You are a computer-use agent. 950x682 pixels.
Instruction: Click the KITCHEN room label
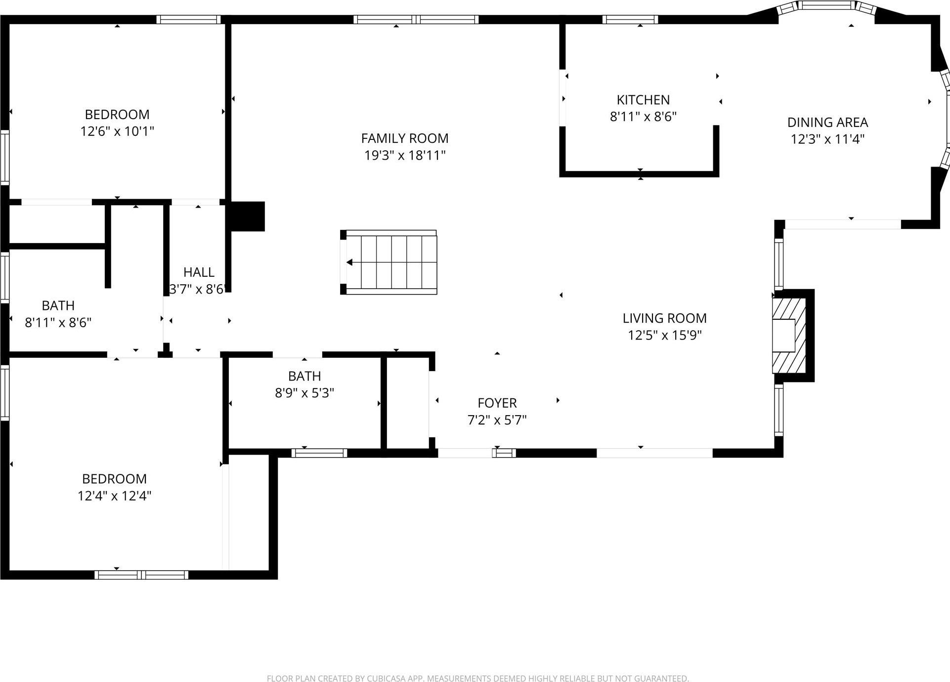click(x=643, y=100)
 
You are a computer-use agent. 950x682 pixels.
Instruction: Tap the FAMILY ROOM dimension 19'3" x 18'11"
click(x=405, y=155)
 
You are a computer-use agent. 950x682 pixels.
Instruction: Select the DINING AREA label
click(x=827, y=122)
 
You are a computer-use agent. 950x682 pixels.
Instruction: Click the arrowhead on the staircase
click(x=349, y=262)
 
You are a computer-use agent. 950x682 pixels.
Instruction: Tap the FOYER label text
click(x=497, y=403)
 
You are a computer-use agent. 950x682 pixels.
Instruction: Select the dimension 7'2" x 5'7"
click(x=497, y=420)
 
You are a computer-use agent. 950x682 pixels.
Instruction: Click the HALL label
click(x=199, y=272)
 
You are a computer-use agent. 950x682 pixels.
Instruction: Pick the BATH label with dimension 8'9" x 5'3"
click(x=304, y=376)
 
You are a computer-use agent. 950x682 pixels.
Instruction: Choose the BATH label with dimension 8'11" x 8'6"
click(x=58, y=305)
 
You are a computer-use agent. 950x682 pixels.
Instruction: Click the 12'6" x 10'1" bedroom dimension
click(x=117, y=131)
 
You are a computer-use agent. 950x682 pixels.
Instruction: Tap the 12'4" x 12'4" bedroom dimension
click(x=114, y=496)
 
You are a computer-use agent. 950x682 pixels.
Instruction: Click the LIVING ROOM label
click(x=664, y=318)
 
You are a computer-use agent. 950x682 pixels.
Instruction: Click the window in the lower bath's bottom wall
click(x=319, y=453)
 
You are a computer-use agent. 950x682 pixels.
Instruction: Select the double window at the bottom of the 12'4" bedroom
click(x=141, y=575)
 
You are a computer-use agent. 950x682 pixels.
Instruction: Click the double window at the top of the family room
click(x=416, y=20)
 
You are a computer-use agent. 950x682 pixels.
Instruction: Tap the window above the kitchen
click(x=630, y=20)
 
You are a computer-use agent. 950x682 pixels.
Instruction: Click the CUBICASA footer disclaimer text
click(x=477, y=679)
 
